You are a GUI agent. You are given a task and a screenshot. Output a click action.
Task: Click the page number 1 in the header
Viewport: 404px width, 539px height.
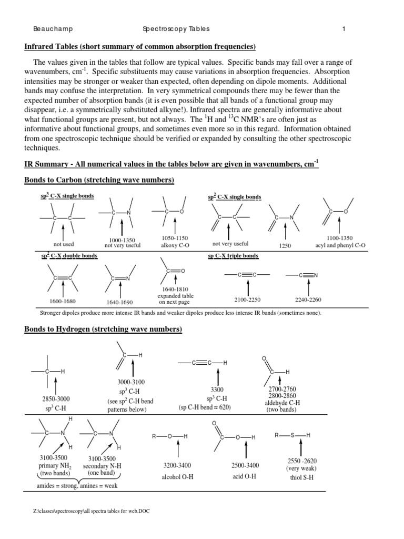coord(344,29)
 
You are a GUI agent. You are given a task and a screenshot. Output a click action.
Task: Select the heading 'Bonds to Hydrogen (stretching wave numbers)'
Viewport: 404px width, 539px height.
coord(103,330)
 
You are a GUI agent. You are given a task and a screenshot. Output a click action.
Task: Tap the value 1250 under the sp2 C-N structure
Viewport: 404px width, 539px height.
coord(285,245)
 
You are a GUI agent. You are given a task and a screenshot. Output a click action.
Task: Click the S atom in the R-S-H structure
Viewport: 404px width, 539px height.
coord(294,435)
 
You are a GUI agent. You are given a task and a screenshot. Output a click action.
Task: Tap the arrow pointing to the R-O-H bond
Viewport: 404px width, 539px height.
coord(179,451)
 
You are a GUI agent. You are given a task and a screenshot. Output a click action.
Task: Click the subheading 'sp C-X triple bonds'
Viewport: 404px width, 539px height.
coord(234,256)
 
